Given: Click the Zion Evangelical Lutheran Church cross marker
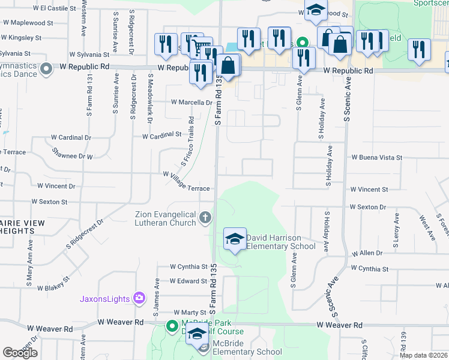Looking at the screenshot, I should pos(205,217).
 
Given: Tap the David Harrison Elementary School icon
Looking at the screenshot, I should pos(235,240).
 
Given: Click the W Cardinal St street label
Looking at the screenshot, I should pos(161,136).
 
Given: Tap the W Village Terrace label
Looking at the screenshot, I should pos(186,181).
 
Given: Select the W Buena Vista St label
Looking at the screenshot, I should pos(376,157).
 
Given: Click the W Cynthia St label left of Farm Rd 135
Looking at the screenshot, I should pos(188,266).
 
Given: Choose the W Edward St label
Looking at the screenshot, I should pos(188,281).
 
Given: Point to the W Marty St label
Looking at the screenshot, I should pos(190,313).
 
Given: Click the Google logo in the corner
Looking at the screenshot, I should pos(20,353).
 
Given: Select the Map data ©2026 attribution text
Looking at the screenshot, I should pos(424,355).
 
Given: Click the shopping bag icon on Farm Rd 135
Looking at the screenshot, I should pos(228,66).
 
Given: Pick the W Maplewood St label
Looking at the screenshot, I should pos(28,23).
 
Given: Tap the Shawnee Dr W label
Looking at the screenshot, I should pos(72,153).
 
